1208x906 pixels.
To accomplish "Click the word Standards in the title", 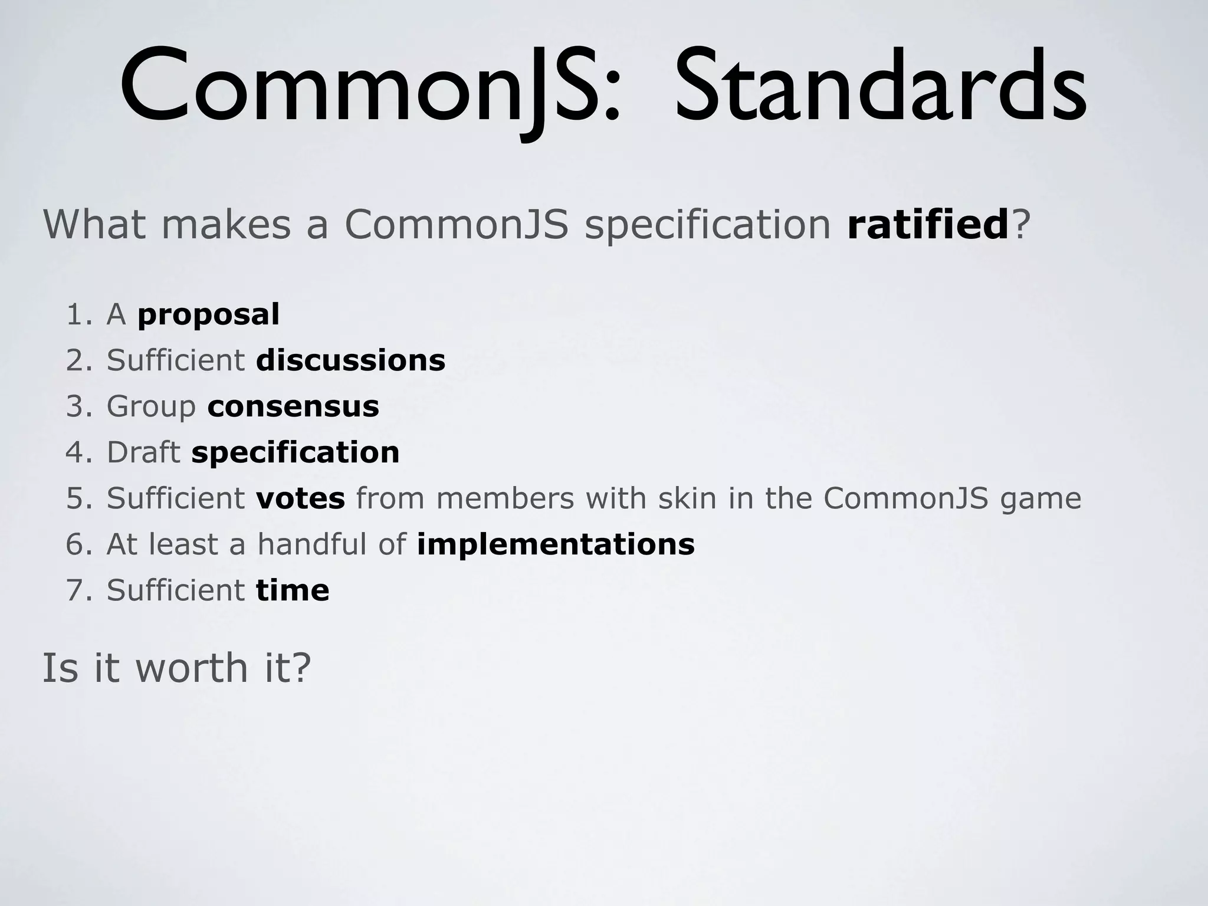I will [x=879, y=88].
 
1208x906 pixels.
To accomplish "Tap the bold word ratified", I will [x=928, y=225].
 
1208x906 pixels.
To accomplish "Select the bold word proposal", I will [x=208, y=315].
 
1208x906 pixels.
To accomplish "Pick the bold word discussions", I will [x=350, y=360].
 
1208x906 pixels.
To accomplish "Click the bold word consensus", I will [x=293, y=406].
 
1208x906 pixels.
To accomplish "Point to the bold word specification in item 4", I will [x=295, y=452].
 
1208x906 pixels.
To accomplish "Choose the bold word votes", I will [x=300, y=498].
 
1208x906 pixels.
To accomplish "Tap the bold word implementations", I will [x=555, y=544].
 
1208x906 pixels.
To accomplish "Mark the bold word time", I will [x=293, y=590].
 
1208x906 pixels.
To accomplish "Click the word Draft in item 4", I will [x=143, y=452].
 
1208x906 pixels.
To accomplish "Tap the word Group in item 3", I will [x=151, y=406].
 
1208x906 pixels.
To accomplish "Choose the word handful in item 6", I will [x=312, y=544].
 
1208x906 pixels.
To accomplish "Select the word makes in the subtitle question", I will [x=226, y=225].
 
